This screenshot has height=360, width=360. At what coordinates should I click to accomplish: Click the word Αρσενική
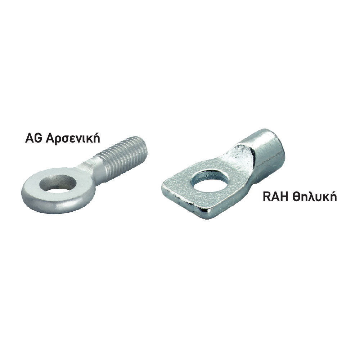pos(73,139)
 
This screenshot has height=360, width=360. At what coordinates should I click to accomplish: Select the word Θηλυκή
pos(314,197)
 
